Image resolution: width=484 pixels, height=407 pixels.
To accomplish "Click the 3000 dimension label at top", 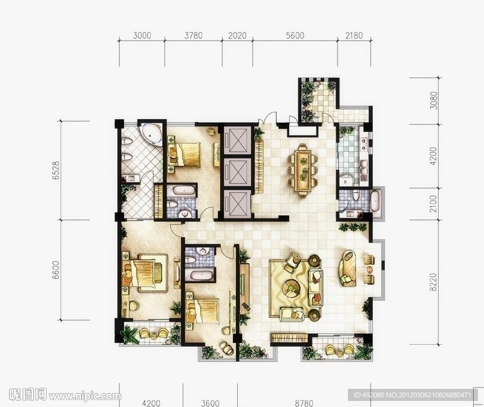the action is click(x=142, y=36).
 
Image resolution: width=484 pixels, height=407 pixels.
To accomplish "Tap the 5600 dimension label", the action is click(x=295, y=36).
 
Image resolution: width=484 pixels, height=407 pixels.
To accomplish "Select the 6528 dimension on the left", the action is click(x=56, y=171).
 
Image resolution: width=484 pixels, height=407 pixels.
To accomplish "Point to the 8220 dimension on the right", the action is click(x=434, y=282).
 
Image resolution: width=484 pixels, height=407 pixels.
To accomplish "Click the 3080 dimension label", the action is click(x=434, y=100).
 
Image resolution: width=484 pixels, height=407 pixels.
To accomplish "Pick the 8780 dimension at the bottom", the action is click(x=304, y=403).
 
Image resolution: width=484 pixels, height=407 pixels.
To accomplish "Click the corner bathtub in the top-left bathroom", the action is click(x=151, y=134).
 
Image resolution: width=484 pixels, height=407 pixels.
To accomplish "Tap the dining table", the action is click(x=303, y=170).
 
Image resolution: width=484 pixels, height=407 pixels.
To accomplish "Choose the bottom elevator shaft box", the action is click(x=237, y=204).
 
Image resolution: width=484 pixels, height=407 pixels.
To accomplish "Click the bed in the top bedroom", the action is click(x=185, y=154).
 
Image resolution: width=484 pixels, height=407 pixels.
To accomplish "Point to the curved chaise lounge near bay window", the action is click(x=348, y=268).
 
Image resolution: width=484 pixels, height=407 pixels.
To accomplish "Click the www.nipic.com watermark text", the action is click(x=85, y=396).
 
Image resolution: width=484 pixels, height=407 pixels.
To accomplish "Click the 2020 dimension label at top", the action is click(x=237, y=36).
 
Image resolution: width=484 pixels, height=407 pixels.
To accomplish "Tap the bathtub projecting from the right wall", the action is click(x=376, y=201).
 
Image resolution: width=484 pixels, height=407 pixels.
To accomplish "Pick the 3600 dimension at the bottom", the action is click(x=210, y=403).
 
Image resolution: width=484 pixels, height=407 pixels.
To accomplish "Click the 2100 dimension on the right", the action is click(x=434, y=204).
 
